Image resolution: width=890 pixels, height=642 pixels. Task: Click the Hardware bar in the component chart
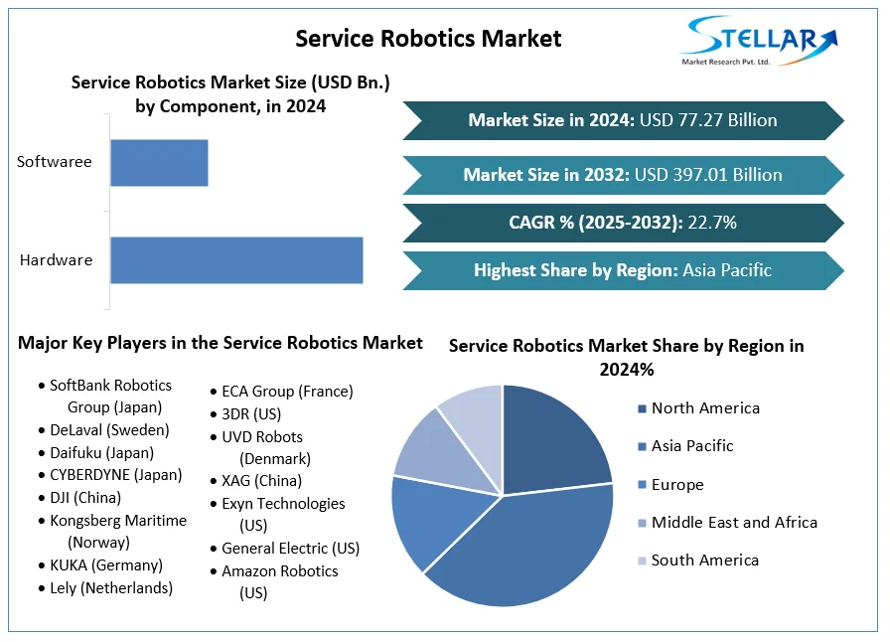(236, 260)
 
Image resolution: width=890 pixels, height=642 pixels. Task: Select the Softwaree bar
(159, 162)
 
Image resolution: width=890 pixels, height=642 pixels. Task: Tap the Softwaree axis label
(55, 162)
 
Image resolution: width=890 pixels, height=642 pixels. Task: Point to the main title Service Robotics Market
(428, 39)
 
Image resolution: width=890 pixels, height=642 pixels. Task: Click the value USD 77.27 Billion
(708, 120)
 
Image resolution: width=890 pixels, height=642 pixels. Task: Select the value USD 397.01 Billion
(708, 175)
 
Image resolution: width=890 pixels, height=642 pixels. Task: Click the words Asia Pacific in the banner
(727, 270)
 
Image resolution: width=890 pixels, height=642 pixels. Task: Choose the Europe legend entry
(677, 485)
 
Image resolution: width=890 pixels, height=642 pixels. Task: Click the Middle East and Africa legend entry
(734, 523)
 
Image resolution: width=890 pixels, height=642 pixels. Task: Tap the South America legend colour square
(642, 562)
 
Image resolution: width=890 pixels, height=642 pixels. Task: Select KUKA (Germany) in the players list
(106, 565)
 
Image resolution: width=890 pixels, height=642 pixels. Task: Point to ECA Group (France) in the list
(287, 392)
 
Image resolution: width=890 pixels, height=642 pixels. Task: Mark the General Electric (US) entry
(290, 549)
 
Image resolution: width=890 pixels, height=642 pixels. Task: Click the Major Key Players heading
(221, 343)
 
